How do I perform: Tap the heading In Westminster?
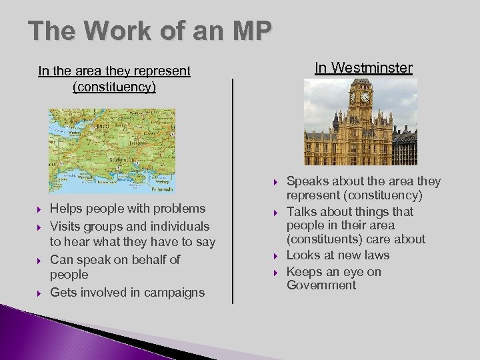(363, 68)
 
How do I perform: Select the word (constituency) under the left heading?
(114, 87)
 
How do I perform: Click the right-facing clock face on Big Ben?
(365, 97)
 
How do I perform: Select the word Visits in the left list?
(65, 226)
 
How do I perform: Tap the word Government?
(321, 285)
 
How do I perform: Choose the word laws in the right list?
(375, 255)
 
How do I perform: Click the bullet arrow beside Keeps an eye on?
(275, 271)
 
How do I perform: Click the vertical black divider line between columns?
(233, 193)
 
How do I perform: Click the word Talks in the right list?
(301, 212)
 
